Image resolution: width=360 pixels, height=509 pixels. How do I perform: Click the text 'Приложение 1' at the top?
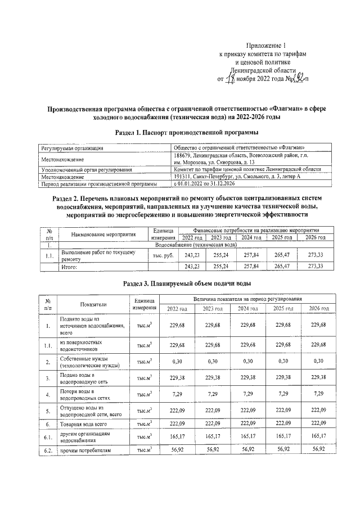267,45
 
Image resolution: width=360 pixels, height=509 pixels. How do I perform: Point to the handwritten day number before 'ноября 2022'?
229,79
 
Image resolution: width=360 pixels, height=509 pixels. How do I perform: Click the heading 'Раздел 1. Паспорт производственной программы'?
186,132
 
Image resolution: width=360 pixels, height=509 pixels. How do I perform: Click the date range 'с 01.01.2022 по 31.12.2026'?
209,183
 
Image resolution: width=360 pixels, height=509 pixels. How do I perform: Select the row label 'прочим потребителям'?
85,450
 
